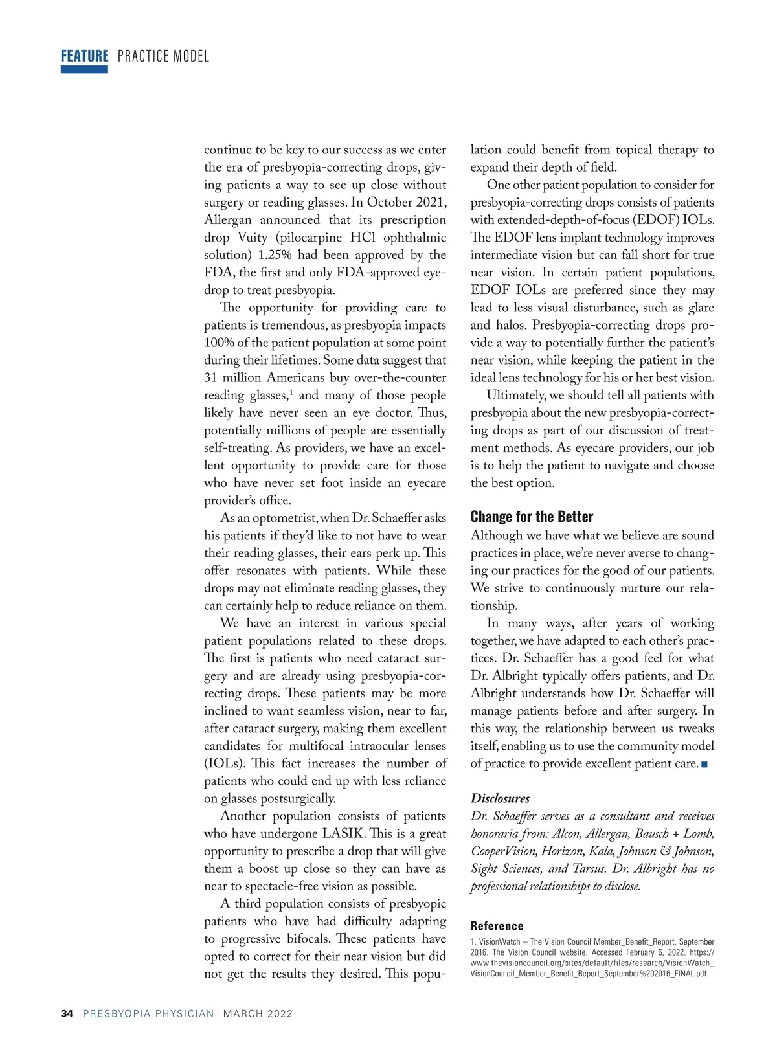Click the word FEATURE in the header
84,56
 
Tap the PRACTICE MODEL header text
163,56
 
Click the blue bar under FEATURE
84,69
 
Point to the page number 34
67,1013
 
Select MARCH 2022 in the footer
258,1013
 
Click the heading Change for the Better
532,517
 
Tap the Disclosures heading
500,798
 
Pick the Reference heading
497,926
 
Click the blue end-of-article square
704,765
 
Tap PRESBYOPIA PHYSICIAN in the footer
148,1013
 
